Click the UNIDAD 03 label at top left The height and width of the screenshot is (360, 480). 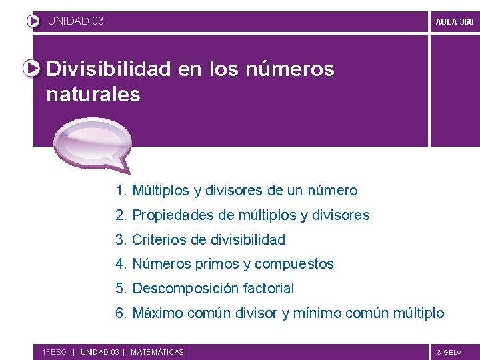click(x=76, y=21)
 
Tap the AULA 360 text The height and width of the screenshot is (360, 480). click(x=454, y=21)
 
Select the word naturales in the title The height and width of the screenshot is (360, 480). click(x=93, y=95)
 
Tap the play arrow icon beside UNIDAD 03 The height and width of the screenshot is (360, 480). click(x=33, y=21)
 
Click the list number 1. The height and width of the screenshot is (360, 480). click(x=120, y=191)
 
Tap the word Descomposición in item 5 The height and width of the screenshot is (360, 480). click(x=179, y=289)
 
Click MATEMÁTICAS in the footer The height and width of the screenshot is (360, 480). click(x=157, y=352)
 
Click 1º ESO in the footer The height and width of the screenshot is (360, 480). click(x=54, y=352)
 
